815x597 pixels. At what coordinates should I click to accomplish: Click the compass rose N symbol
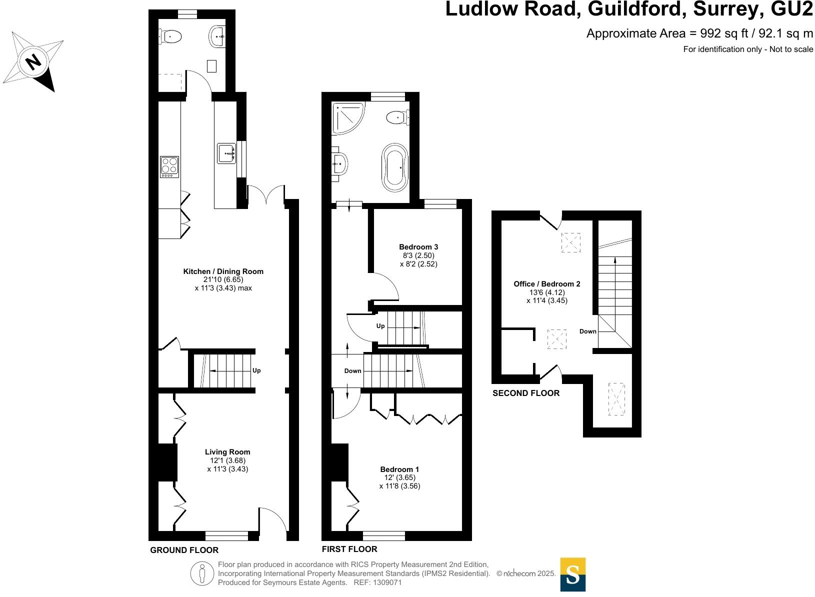pyautogui.click(x=33, y=62)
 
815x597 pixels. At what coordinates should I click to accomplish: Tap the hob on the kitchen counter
pyautogui.click(x=169, y=167)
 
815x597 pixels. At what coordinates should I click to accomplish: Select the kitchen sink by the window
pyautogui.click(x=226, y=153)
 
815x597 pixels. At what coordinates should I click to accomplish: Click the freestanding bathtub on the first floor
pyautogui.click(x=395, y=167)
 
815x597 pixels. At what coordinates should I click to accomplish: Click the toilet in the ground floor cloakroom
pyautogui.click(x=170, y=36)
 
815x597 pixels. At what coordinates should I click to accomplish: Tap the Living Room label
pyautogui.click(x=227, y=452)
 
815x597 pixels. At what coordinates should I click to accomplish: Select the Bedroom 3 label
pyautogui.click(x=418, y=247)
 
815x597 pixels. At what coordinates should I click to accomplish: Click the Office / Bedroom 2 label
pyautogui.click(x=547, y=284)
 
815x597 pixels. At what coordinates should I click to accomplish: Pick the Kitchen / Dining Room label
pyautogui.click(x=223, y=271)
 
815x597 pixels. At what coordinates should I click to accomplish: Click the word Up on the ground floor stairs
pyautogui.click(x=256, y=370)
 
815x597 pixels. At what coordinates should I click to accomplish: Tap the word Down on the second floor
pyautogui.click(x=588, y=331)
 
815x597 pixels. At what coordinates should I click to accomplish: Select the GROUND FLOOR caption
pyautogui.click(x=184, y=550)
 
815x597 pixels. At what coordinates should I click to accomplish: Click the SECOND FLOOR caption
pyautogui.click(x=525, y=393)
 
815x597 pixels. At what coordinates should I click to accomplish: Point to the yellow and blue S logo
pyautogui.click(x=572, y=574)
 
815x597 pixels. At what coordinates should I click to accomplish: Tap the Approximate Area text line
pyautogui.click(x=699, y=33)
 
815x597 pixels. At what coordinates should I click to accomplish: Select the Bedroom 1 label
pyautogui.click(x=399, y=469)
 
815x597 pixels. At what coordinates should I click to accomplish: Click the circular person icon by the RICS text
pyautogui.click(x=202, y=573)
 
